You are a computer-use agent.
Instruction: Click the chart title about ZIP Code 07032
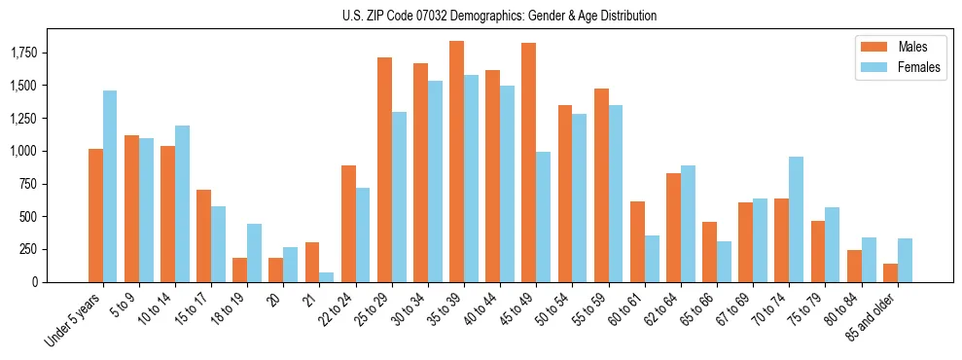(x=499, y=16)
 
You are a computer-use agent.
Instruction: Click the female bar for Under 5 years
(x=110, y=186)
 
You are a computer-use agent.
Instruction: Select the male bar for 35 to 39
(x=456, y=162)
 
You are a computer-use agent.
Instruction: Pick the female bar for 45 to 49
(x=543, y=217)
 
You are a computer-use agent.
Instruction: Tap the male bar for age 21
(x=312, y=262)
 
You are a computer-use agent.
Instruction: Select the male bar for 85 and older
(x=890, y=272)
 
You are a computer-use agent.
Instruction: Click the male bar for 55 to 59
(x=601, y=185)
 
